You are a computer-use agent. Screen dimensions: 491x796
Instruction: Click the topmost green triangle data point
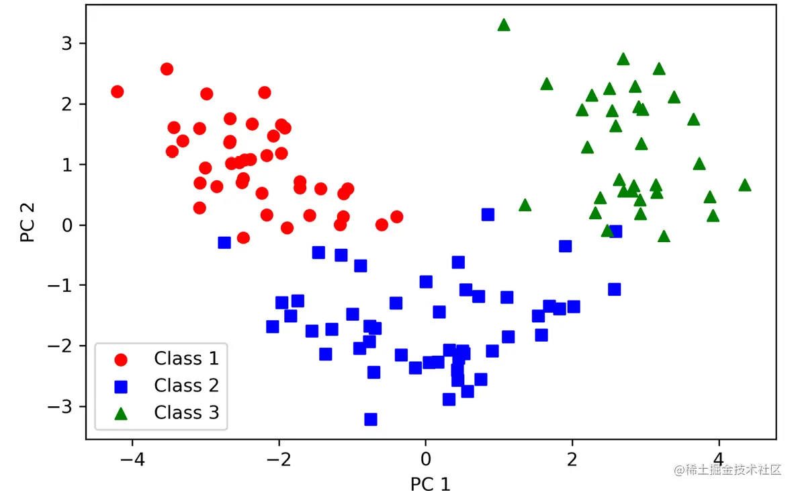(x=504, y=26)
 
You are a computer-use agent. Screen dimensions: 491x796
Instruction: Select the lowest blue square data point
(x=370, y=419)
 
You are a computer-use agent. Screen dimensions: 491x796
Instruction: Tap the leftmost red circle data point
(x=117, y=91)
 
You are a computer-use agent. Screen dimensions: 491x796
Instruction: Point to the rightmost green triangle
(x=744, y=186)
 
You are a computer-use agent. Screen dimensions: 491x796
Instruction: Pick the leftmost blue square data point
(x=224, y=242)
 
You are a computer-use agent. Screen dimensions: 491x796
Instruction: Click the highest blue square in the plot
(x=488, y=215)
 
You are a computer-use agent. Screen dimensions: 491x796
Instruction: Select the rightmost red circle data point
(x=396, y=217)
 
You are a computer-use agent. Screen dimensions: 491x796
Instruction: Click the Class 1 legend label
(x=186, y=358)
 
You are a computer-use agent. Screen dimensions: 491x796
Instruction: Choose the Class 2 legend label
(x=186, y=385)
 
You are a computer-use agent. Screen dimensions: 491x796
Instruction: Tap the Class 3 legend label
(x=186, y=412)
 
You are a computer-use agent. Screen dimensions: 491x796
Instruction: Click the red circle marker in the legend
(x=122, y=359)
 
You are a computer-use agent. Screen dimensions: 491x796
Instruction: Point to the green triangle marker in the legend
(x=122, y=412)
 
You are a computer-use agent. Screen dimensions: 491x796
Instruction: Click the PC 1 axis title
(x=431, y=484)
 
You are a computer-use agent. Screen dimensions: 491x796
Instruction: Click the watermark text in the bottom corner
(x=729, y=469)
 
